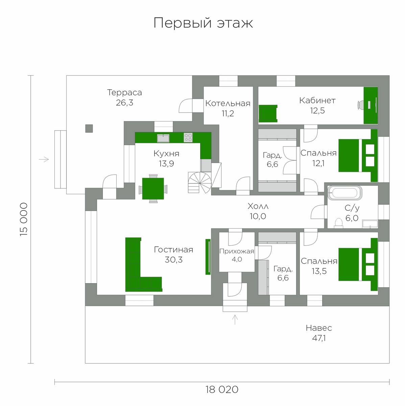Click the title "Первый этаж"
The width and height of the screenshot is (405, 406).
pyautogui.click(x=203, y=23)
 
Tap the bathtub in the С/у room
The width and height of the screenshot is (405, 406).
pyautogui.click(x=345, y=193)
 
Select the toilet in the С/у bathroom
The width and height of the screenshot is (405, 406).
pyautogui.click(x=339, y=223)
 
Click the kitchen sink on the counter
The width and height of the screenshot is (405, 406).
pyautogui.click(x=163, y=138)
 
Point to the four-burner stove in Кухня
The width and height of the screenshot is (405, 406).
pyautogui.click(x=188, y=137)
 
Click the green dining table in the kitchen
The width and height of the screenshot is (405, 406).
pyautogui.click(x=153, y=188)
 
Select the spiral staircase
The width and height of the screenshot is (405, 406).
pyautogui.click(x=199, y=183)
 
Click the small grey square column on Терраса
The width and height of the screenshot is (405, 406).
pyautogui.click(x=89, y=129)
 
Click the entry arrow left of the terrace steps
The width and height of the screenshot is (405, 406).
pyautogui.click(x=44, y=159)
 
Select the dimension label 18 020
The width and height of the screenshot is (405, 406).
pyautogui.click(x=222, y=389)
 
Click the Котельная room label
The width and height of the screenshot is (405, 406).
pyautogui.click(x=228, y=104)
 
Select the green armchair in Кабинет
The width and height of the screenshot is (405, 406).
pyautogui.click(x=268, y=114)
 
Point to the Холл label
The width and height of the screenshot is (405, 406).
pyautogui.click(x=258, y=206)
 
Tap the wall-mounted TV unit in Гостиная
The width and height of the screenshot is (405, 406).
pyautogui.click(x=208, y=257)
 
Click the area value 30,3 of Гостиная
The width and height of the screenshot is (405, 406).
pyautogui.click(x=173, y=260)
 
